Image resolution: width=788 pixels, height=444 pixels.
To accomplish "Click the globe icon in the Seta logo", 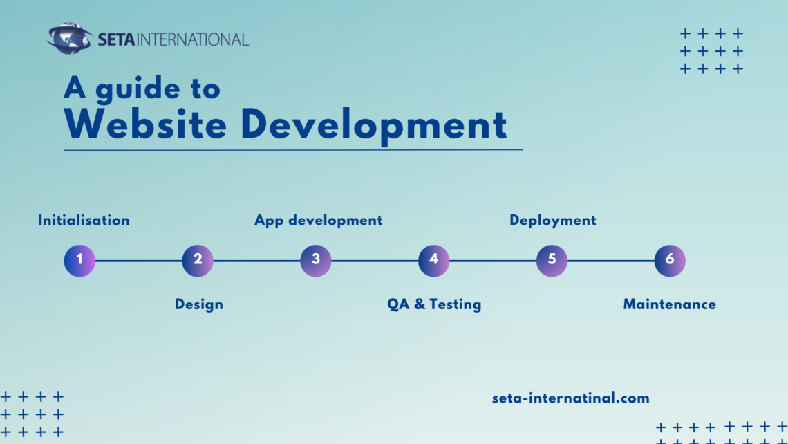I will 69,39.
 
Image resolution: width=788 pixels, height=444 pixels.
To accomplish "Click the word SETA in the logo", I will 116,39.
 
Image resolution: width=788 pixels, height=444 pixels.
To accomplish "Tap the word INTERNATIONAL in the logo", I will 193,39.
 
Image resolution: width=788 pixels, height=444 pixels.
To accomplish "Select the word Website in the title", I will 145,124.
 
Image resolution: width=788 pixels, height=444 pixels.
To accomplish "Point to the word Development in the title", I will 373,126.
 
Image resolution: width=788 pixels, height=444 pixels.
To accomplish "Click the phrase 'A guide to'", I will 142,88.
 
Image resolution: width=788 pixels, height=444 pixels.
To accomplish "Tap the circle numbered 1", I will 79,261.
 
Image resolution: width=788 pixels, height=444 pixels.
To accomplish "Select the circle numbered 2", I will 198,261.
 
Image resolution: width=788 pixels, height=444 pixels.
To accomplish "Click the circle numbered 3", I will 316,261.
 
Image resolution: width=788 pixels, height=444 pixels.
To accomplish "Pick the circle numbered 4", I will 433,261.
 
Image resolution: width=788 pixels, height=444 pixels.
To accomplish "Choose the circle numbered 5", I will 552,261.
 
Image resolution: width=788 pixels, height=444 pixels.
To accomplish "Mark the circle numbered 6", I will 670,261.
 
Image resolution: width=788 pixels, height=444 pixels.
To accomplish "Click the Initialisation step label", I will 84,220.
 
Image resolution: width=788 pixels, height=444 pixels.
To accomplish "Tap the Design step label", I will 199,304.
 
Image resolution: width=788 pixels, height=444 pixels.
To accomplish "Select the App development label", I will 318,220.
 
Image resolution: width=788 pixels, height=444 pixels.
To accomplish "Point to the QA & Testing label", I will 434,304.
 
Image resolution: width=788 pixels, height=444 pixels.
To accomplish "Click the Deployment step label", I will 552,220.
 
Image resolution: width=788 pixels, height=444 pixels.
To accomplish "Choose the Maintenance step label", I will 669,304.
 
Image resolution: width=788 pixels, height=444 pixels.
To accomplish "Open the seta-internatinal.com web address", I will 570,398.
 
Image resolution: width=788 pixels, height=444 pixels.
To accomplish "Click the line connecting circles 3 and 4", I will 375,261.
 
